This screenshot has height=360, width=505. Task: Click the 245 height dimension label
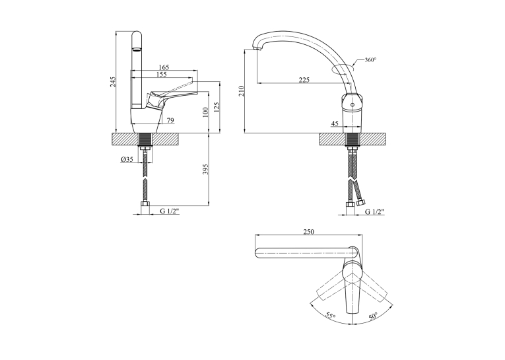pos(112,82)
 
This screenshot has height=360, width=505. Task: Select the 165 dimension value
pos(164,67)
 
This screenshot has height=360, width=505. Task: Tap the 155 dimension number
pos(161,75)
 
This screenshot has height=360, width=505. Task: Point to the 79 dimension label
pos(170,120)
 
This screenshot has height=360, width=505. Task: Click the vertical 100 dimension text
pos(206,112)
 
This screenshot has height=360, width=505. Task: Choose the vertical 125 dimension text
pos(217,107)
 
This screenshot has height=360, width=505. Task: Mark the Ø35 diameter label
pos(127,159)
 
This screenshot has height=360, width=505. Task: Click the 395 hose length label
pos(206,169)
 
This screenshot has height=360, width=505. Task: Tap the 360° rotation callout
pos(370,59)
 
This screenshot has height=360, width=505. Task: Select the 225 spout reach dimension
pos(304,80)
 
